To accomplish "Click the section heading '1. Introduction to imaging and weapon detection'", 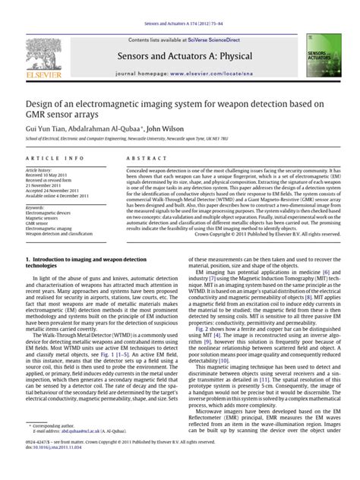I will click(87, 261).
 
